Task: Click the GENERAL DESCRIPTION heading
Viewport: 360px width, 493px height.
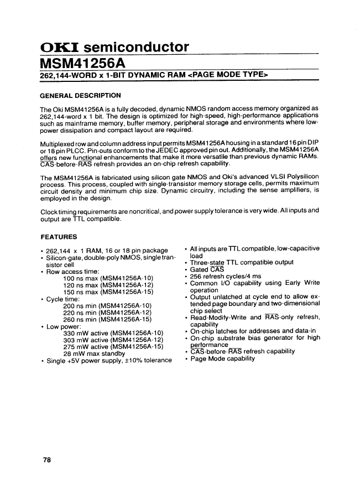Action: coord(81,95)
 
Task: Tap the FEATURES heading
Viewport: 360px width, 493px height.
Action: coord(59,237)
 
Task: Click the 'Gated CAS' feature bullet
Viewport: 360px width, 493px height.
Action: coord(206,269)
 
